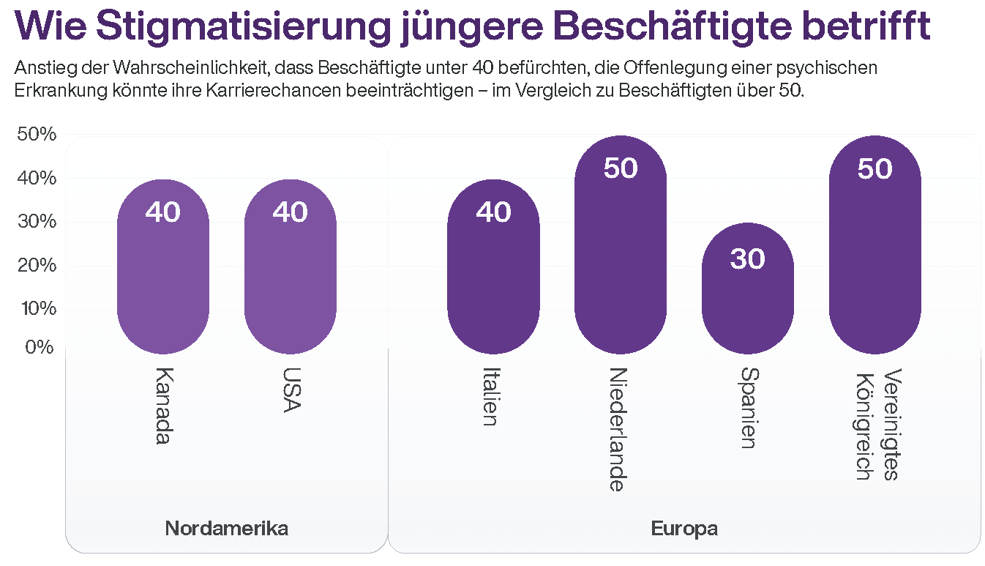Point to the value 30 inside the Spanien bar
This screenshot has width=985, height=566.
click(747, 258)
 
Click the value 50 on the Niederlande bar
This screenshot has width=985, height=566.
click(621, 168)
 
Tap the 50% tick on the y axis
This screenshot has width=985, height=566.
click(36, 135)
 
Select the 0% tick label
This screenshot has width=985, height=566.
click(40, 346)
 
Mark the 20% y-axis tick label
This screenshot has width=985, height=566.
click(36, 265)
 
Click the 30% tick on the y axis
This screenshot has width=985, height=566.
click(36, 221)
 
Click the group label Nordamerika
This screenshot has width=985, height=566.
click(226, 529)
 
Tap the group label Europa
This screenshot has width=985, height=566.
click(683, 529)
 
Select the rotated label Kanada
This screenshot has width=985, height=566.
click(163, 405)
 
